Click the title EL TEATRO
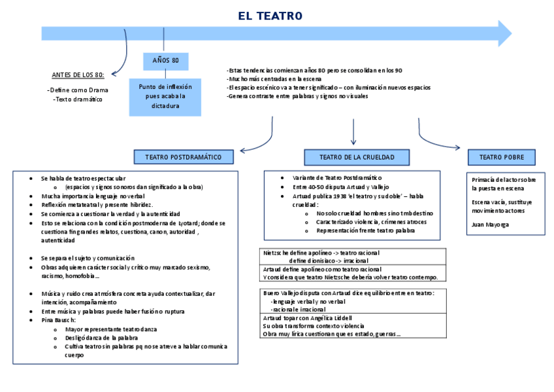tap(270, 16)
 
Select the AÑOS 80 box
tap(165, 61)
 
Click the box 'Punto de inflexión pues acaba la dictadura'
tap(165, 96)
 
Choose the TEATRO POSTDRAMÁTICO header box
tap(184, 157)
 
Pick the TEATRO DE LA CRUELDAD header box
tap(357, 157)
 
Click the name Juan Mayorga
tap(490, 224)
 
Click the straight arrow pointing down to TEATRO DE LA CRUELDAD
tap(353, 134)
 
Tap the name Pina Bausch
tap(59, 320)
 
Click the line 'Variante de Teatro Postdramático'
tap(337, 178)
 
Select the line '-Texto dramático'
tap(78, 99)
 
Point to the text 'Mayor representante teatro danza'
tap(111, 329)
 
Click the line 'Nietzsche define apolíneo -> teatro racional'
tap(321, 253)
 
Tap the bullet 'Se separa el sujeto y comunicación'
tap(88, 258)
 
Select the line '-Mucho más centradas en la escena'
tap(274, 79)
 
